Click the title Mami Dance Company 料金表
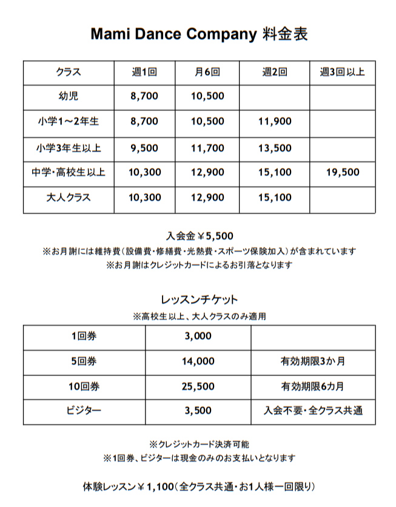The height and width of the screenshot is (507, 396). tap(199, 34)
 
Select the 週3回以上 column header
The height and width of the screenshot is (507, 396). tap(342, 72)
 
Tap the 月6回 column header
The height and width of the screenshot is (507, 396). tap(207, 72)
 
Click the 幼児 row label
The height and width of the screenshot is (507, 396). tap(68, 96)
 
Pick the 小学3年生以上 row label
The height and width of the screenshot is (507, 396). tap(68, 147)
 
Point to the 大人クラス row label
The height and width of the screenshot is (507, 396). tap(68, 198)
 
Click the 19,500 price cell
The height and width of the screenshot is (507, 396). tap(342, 172)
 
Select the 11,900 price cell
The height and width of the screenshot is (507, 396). tap(274, 121)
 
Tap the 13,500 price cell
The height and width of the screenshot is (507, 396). tap(274, 147)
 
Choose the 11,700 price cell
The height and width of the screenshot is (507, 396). tap(207, 147)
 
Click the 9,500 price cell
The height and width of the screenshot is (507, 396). tap(144, 147)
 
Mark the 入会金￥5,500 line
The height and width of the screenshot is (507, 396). tap(199, 237)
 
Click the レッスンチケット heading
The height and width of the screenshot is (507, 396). tap(199, 300)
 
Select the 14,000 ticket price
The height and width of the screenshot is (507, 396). tap(198, 361)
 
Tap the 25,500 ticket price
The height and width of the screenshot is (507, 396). tap(198, 386)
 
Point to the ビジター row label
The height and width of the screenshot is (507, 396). tap(84, 411)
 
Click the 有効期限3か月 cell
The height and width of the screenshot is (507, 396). tap(313, 361)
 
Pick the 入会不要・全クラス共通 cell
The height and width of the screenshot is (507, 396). tap(313, 411)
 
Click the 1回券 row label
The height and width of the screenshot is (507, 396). tap(84, 337)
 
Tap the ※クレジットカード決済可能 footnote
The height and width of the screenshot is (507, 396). tap(199, 444)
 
